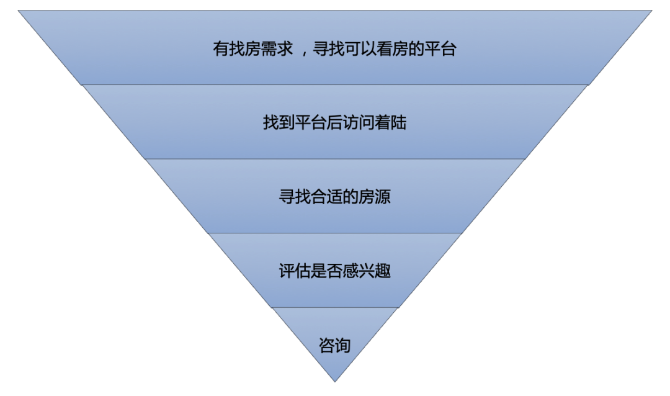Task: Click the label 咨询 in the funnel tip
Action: [x=335, y=346]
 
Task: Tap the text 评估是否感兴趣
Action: [x=335, y=271]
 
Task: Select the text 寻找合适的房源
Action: [x=335, y=197]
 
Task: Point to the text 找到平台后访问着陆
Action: [x=335, y=122]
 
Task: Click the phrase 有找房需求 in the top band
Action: [x=253, y=49]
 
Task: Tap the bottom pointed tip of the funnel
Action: [x=335, y=380]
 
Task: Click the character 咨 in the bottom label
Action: [x=327, y=346]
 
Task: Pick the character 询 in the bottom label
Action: [x=343, y=346]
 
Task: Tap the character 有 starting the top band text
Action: [x=221, y=49]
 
